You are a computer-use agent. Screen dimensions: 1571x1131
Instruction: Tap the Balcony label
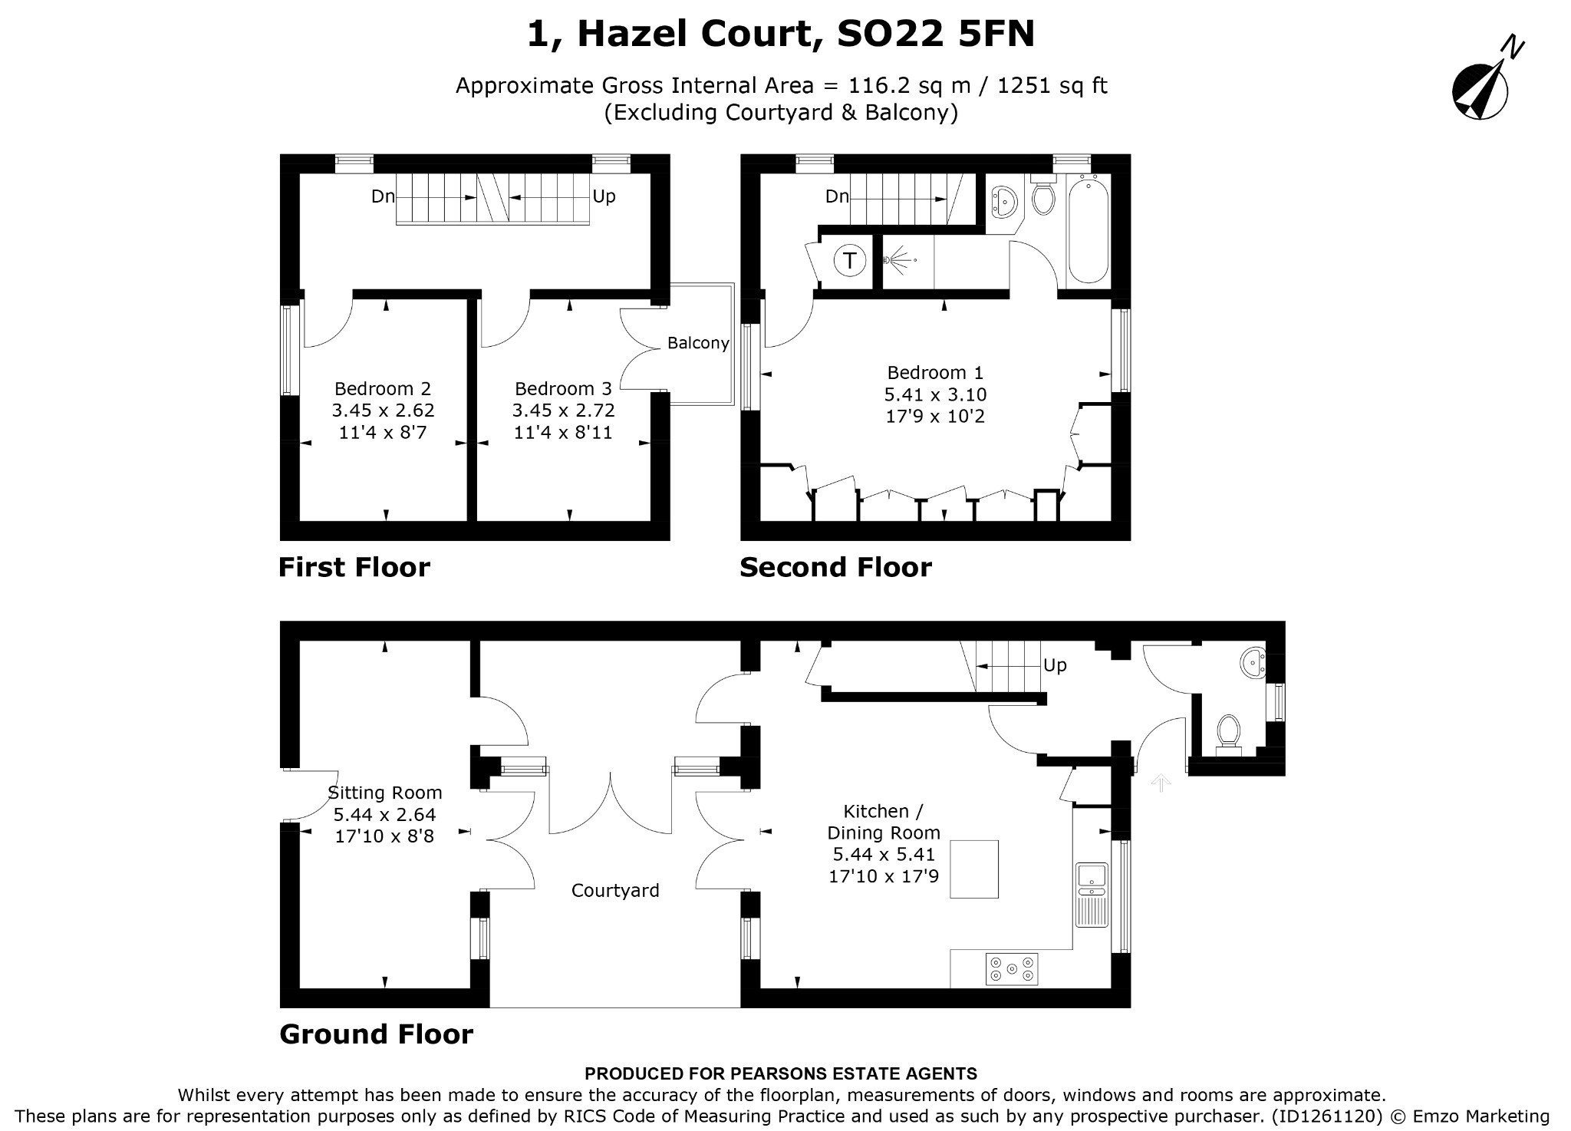[x=698, y=343]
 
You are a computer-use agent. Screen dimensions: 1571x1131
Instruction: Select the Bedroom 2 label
[x=383, y=388]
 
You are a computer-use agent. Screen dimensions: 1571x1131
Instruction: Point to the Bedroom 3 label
[x=564, y=388]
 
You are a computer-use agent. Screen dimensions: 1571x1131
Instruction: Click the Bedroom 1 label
[x=935, y=373]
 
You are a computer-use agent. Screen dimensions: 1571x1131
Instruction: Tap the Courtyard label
[x=615, y=890]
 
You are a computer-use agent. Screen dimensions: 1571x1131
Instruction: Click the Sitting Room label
[x=385, y=793]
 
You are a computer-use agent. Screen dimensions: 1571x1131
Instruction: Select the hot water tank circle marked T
[x=849, y=261]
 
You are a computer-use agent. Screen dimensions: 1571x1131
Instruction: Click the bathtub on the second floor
[x=1088, y=229]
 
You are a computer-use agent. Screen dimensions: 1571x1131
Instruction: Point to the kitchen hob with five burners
[x=1012, y=969]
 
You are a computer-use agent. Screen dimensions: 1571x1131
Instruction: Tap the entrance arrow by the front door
[x=1161, y=783]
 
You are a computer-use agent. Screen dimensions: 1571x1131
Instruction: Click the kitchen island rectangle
[x=974, y=869]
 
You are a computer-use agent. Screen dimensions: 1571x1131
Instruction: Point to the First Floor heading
[x=354, y=568]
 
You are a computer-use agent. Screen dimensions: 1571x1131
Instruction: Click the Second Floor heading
[x=836, y=568]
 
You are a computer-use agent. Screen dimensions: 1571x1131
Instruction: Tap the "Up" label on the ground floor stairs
[x=1055, y=666]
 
